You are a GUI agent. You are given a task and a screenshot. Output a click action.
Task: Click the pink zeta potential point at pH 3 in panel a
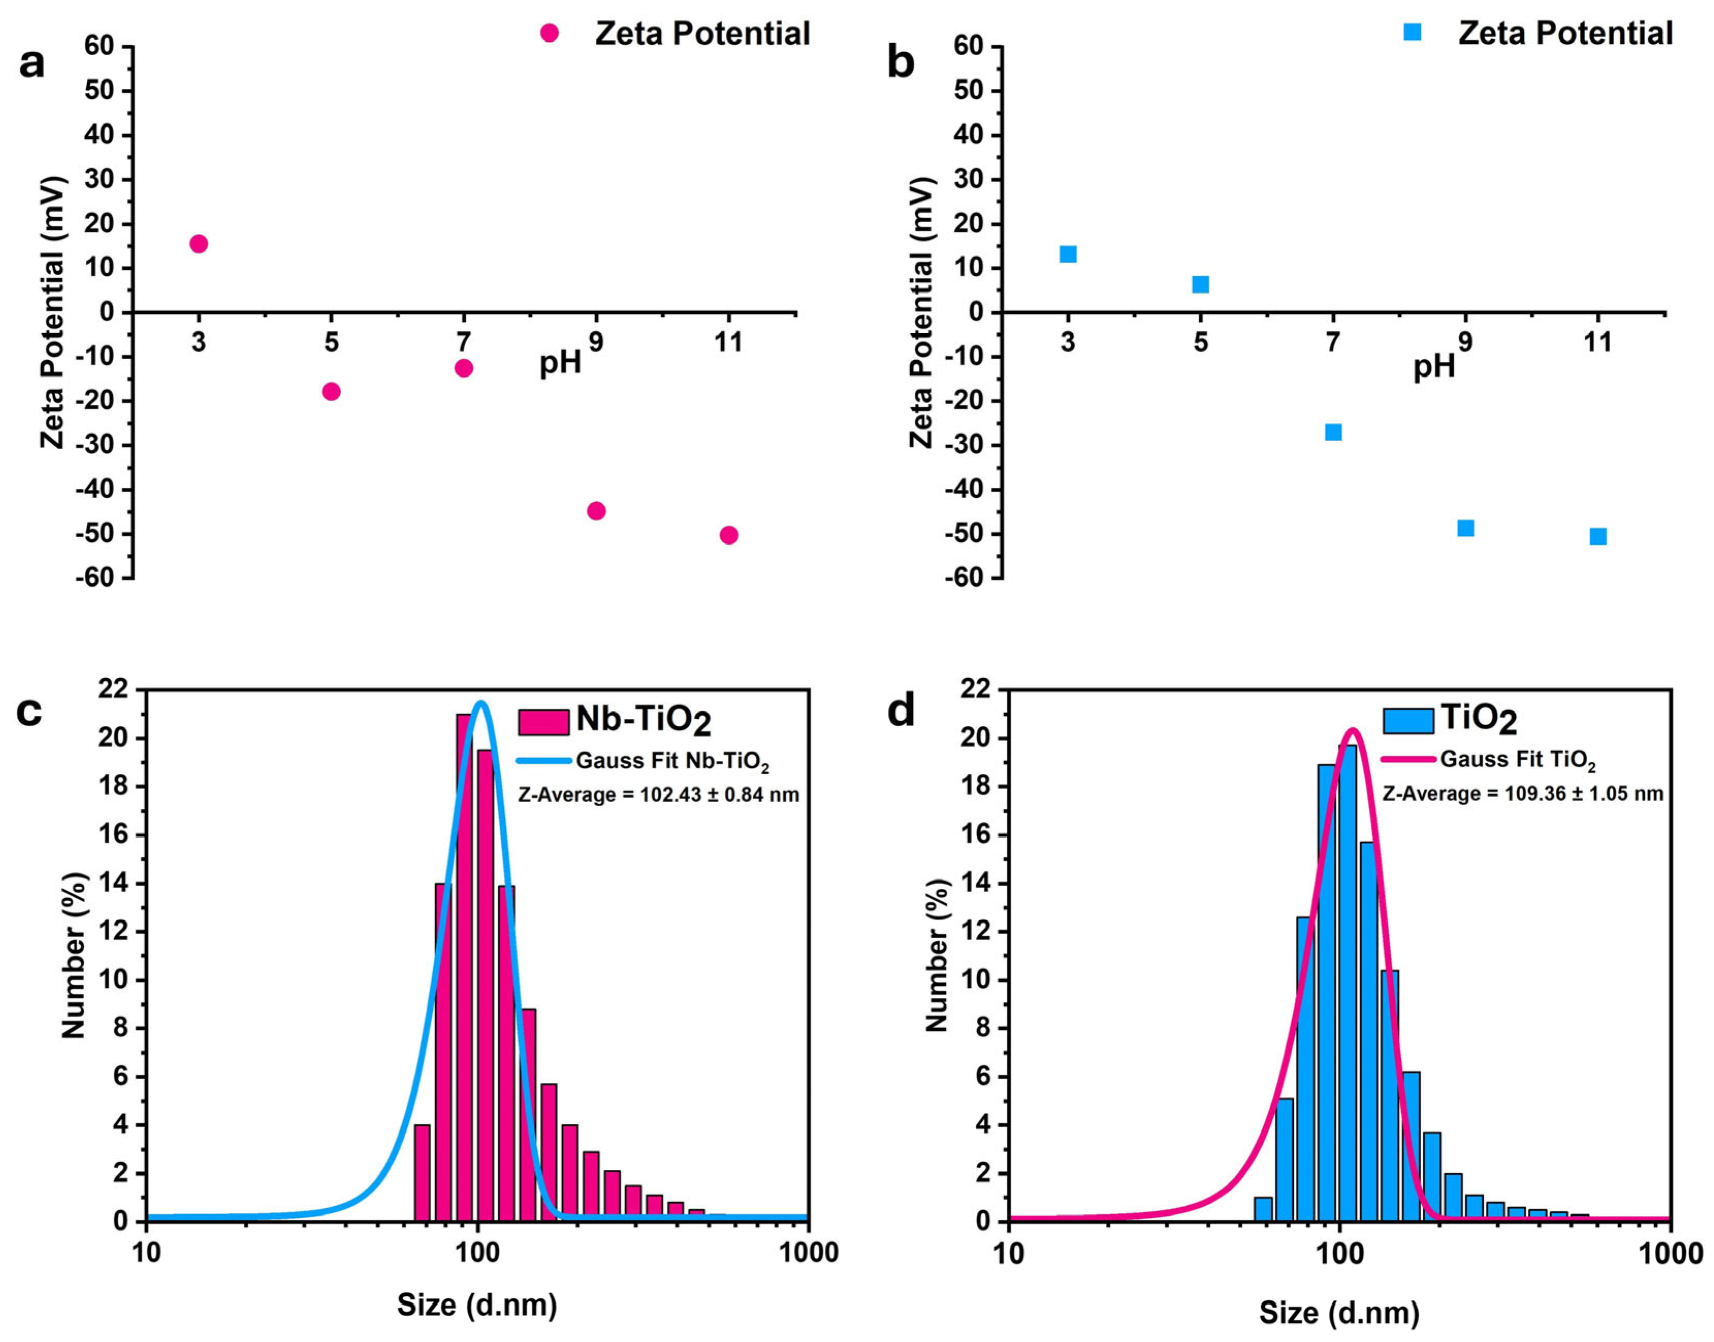199,244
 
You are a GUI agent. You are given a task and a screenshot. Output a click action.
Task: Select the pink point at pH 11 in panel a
728,535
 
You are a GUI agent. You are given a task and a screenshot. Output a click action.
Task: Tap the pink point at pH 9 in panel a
596,510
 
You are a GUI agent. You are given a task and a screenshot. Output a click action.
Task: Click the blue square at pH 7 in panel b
1333,432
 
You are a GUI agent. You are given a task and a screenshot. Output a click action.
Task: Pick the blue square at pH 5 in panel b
1200,284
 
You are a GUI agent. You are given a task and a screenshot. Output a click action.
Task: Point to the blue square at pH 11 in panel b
1598,537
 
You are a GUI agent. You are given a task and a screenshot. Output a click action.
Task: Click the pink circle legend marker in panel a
549,33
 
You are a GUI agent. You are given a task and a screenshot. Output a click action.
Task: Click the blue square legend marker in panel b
1412,32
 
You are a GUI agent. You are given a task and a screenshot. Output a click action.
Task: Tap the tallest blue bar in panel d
1347,982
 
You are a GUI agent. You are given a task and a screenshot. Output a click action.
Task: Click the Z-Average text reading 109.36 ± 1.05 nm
1522,793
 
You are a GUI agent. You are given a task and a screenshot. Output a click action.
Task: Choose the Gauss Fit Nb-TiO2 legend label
672,761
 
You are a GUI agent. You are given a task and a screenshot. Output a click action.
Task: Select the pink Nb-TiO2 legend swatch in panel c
543,721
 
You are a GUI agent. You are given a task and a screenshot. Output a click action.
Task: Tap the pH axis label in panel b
1434,366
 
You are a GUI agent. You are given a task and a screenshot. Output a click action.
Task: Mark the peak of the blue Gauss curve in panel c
481,702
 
